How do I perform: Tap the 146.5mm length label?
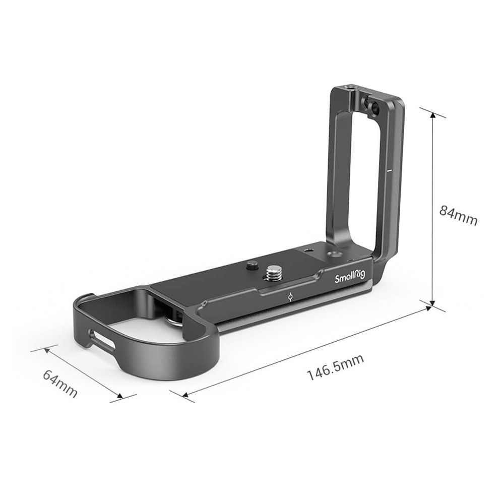[336, 367]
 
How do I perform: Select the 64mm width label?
[60, 384]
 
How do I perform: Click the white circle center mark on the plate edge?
[290, 297]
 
